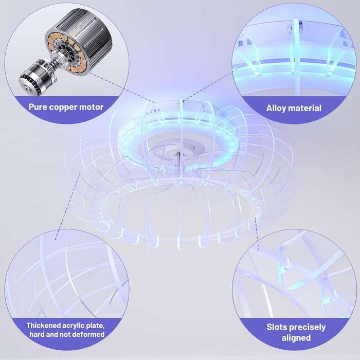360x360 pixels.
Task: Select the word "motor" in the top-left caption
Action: (91, 107)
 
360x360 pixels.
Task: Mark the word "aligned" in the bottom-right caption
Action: (296, 338)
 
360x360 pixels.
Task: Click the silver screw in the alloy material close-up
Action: (290, 29)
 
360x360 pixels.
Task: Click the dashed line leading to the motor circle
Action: (122, 88)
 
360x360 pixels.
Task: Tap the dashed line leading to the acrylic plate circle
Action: (67, 207)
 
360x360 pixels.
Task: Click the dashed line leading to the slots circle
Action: (257, 233)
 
